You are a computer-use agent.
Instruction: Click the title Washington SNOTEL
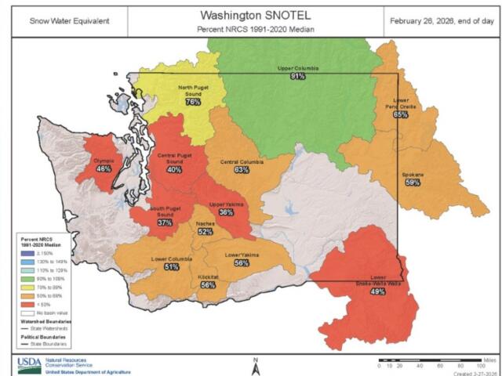pos(250,15)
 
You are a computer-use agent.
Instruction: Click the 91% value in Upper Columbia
pos(298,77)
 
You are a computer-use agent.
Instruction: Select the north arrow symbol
pos(256,364)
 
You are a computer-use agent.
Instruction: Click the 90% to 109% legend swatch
pos(25,277)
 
